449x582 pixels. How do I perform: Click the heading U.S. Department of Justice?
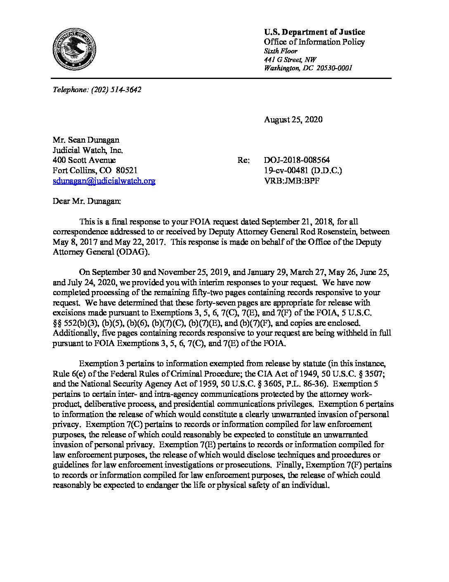pyautogui.click(x=314, y=32)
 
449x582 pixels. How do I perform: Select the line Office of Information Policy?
pyautogui.click(x=314, y=42)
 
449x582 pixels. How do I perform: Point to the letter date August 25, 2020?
pyautogui.click(x=293, y=120)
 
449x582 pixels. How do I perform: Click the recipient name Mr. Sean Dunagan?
pyautogui.click(x=86, y=140)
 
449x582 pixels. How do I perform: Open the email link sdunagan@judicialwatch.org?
pyautogui.click(x=104, y=181)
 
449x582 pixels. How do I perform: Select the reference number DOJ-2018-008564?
pyautogui.click(x=297, y=160)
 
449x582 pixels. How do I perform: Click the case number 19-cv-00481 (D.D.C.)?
pyautogui.click(x=303, y=170)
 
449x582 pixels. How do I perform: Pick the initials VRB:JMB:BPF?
pyautogui.click(x=292, y=181)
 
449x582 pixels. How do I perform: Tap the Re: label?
pyautogui.click(x=243, y=160)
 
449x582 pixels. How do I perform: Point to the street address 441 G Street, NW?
pyautogui.click(x=290, y=60)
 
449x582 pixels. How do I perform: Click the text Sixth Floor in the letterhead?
pyautogui.click(x=281, y=51)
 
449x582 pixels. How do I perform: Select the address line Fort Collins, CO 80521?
pyautogui.click(x=95, y=170)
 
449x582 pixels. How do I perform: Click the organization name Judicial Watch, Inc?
pyautogui.click(x=87, y=150)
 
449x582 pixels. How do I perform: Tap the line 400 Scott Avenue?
pyautogui.click(x=84, y=160)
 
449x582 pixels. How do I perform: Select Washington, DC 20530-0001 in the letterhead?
pyautogui.click(x=308, y=69)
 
